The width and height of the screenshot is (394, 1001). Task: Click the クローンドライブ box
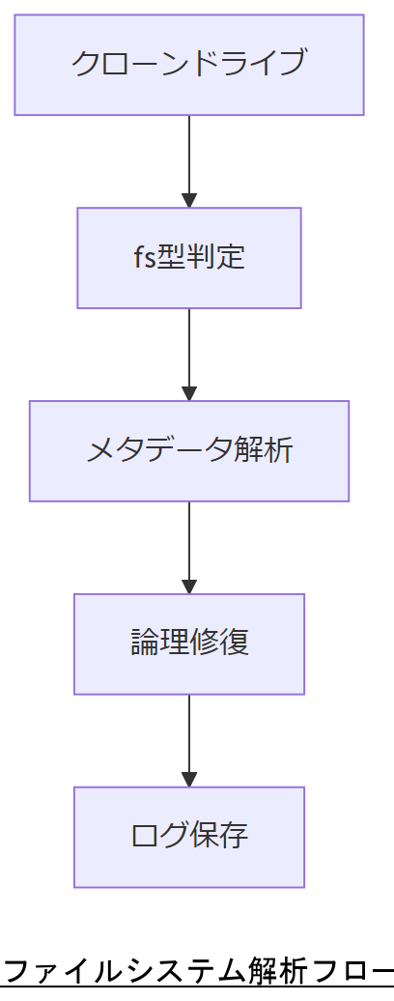(189, 65)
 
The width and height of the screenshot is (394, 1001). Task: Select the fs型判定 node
(189, 258)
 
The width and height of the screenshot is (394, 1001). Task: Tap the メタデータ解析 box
(189, 451)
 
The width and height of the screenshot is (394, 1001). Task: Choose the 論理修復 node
(189, 643)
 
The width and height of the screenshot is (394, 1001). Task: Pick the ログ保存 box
(189, 837)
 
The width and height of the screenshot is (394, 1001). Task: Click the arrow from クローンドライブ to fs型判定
(189, 159)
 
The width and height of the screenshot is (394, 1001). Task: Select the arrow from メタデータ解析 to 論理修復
(189, 546)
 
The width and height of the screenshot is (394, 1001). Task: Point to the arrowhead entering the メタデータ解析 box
(189, 393)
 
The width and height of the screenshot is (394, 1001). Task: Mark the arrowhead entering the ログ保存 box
(189, 779)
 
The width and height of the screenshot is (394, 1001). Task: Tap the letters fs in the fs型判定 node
(144, 258)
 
